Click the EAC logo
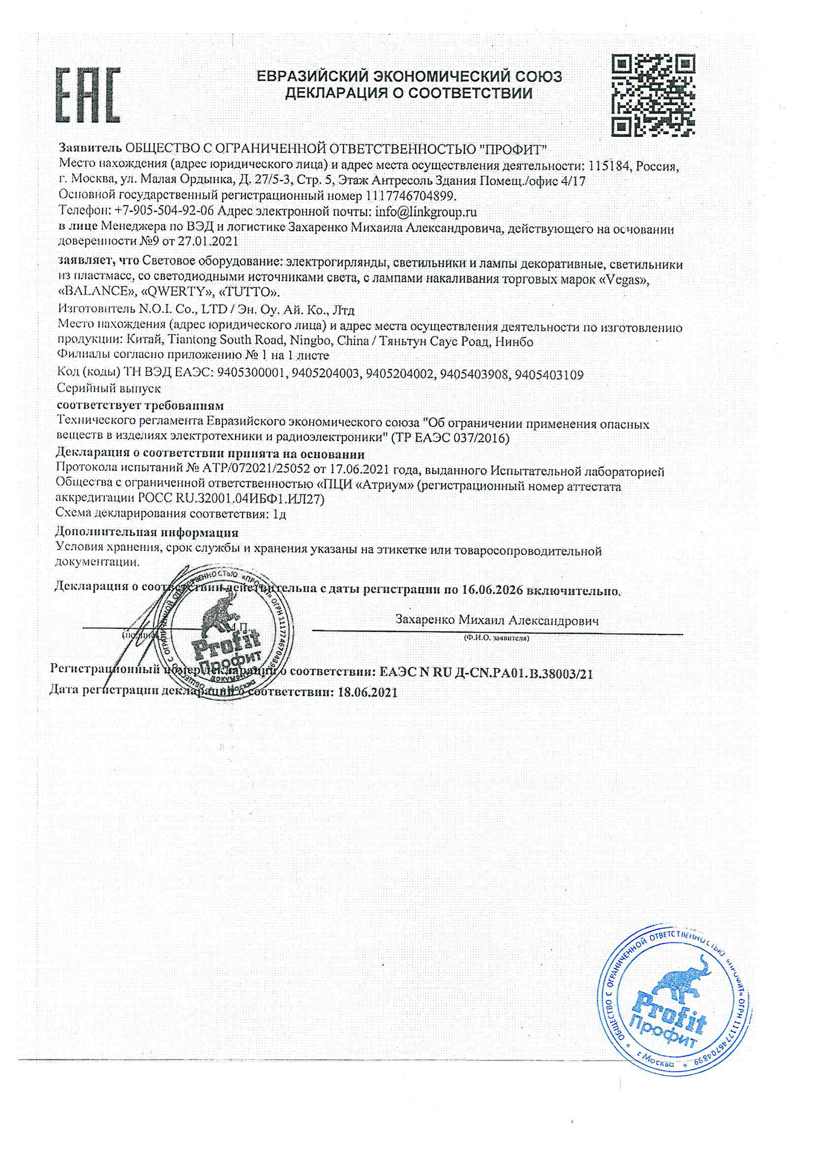[88, 95]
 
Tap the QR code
[654, 95]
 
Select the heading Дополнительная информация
[147, 531]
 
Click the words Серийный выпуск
[109, 388]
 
